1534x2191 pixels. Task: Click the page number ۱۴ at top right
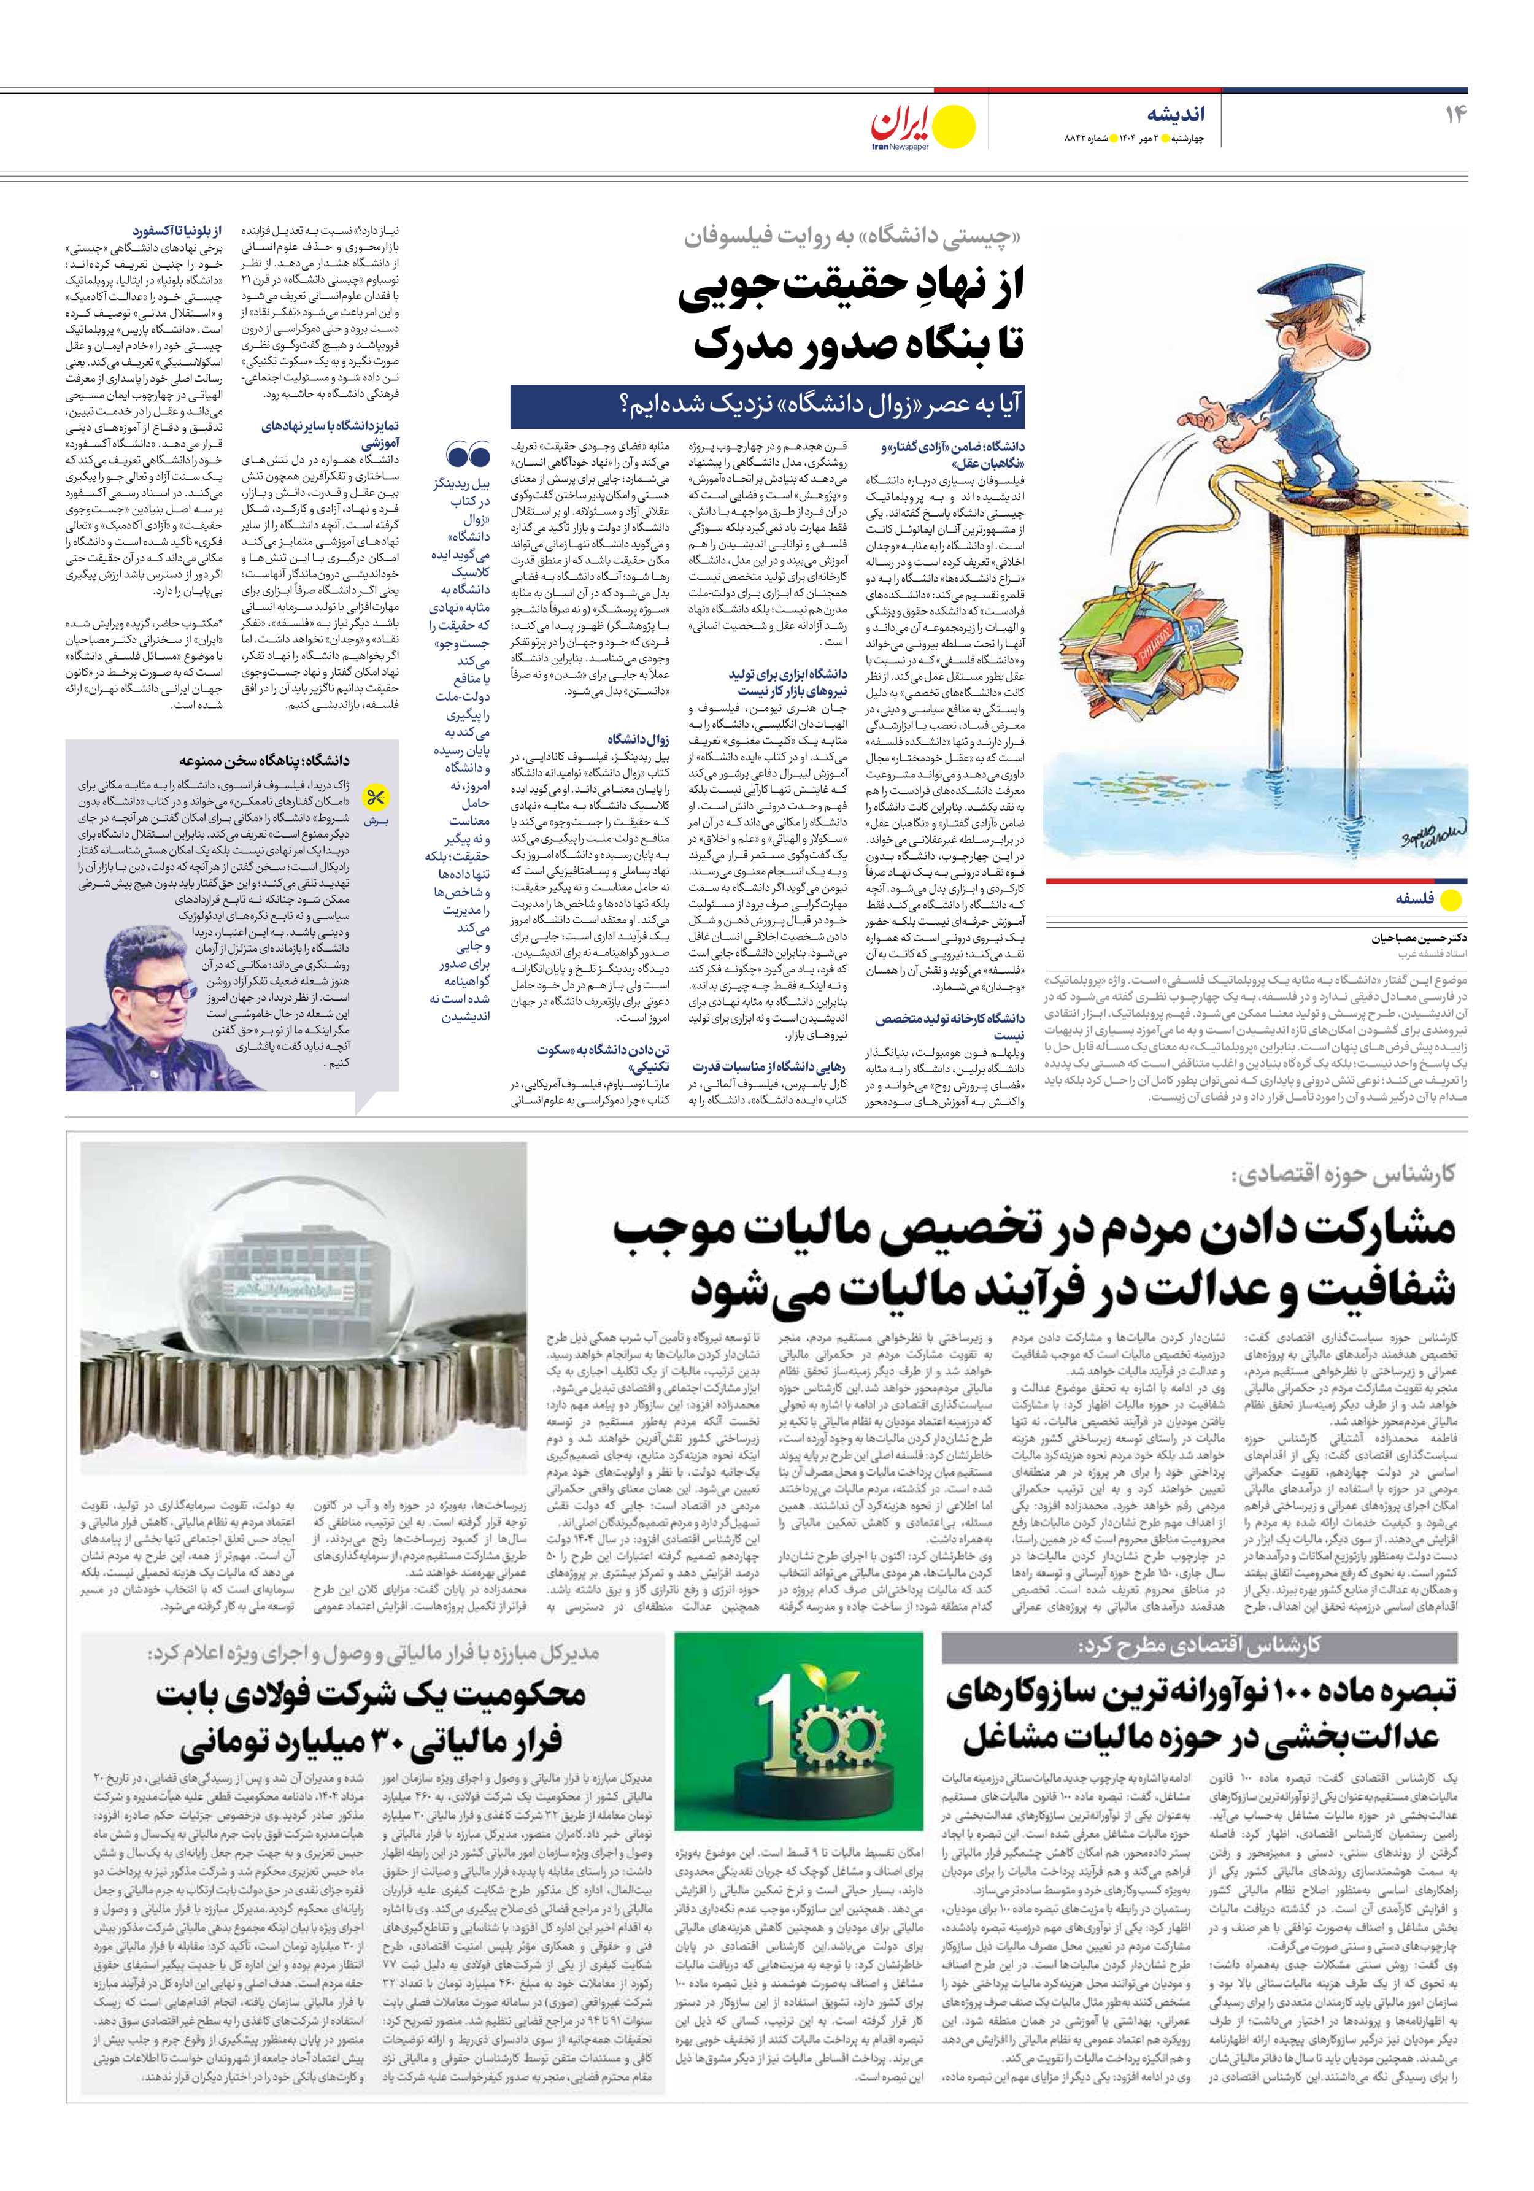[x=1455, y=115]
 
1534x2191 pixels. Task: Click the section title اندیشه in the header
[x=1176, y=115]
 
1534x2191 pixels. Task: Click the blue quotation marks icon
[x=468, y=456]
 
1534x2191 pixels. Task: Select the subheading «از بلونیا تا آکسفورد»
[x=177, y=230]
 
